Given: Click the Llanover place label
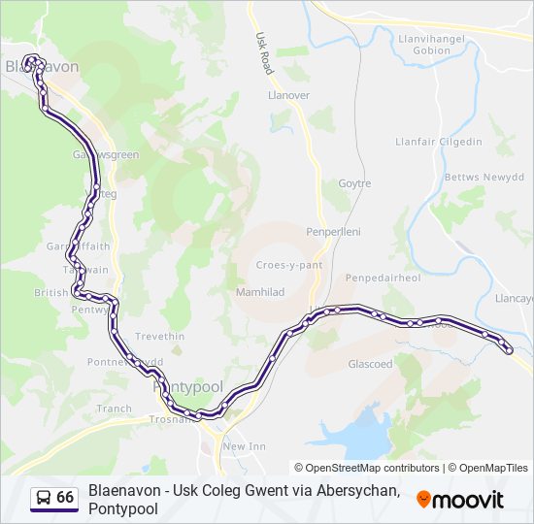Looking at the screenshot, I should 287,95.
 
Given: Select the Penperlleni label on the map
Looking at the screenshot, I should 334,233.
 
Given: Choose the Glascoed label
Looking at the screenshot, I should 370,364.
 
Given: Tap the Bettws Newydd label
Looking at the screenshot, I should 484,178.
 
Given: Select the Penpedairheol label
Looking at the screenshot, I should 389,278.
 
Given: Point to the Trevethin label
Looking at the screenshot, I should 159,336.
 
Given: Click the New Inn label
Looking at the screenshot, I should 244,446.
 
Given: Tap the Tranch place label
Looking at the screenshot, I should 114,409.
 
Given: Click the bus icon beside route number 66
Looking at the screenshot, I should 44,498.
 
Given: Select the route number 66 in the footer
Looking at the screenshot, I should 65,498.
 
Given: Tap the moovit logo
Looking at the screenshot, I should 460,500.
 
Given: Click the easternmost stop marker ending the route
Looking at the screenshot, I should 509,351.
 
